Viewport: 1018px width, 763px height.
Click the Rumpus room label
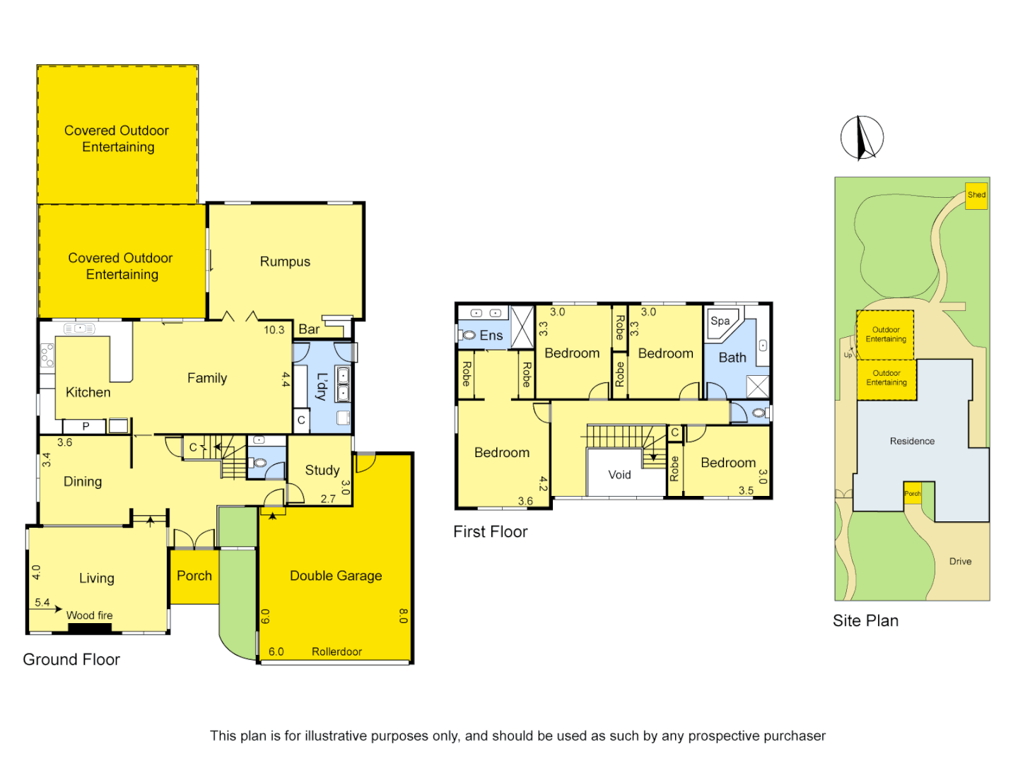(285, 261)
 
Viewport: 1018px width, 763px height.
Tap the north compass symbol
(862, 138)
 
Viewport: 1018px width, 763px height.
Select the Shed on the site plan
(976, 195)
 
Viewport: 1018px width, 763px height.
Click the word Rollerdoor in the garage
(337, 651)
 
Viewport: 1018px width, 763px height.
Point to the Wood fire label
(90, 615)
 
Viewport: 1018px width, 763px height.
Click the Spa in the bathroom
(720, 321)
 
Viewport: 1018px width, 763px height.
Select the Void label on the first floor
(619, 475)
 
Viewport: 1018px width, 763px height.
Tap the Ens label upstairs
(491, 336)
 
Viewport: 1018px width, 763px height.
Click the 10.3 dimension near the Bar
(274, 330)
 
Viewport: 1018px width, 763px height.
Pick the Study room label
(322, 470)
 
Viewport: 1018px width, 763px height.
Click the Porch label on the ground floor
(194, 576)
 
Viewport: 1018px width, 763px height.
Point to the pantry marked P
(86, 426)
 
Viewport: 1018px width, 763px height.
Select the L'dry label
(322, 386)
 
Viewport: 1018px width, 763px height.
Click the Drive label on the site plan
(960, 562)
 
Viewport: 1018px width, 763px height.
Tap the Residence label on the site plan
(912, 441)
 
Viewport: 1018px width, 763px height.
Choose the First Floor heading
(490, 532)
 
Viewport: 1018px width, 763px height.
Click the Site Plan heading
(865, 621)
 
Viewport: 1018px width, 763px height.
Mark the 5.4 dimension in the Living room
(42, 603)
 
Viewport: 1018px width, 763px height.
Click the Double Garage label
(336, 576)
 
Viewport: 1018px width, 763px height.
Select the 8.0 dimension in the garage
(403, 616)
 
